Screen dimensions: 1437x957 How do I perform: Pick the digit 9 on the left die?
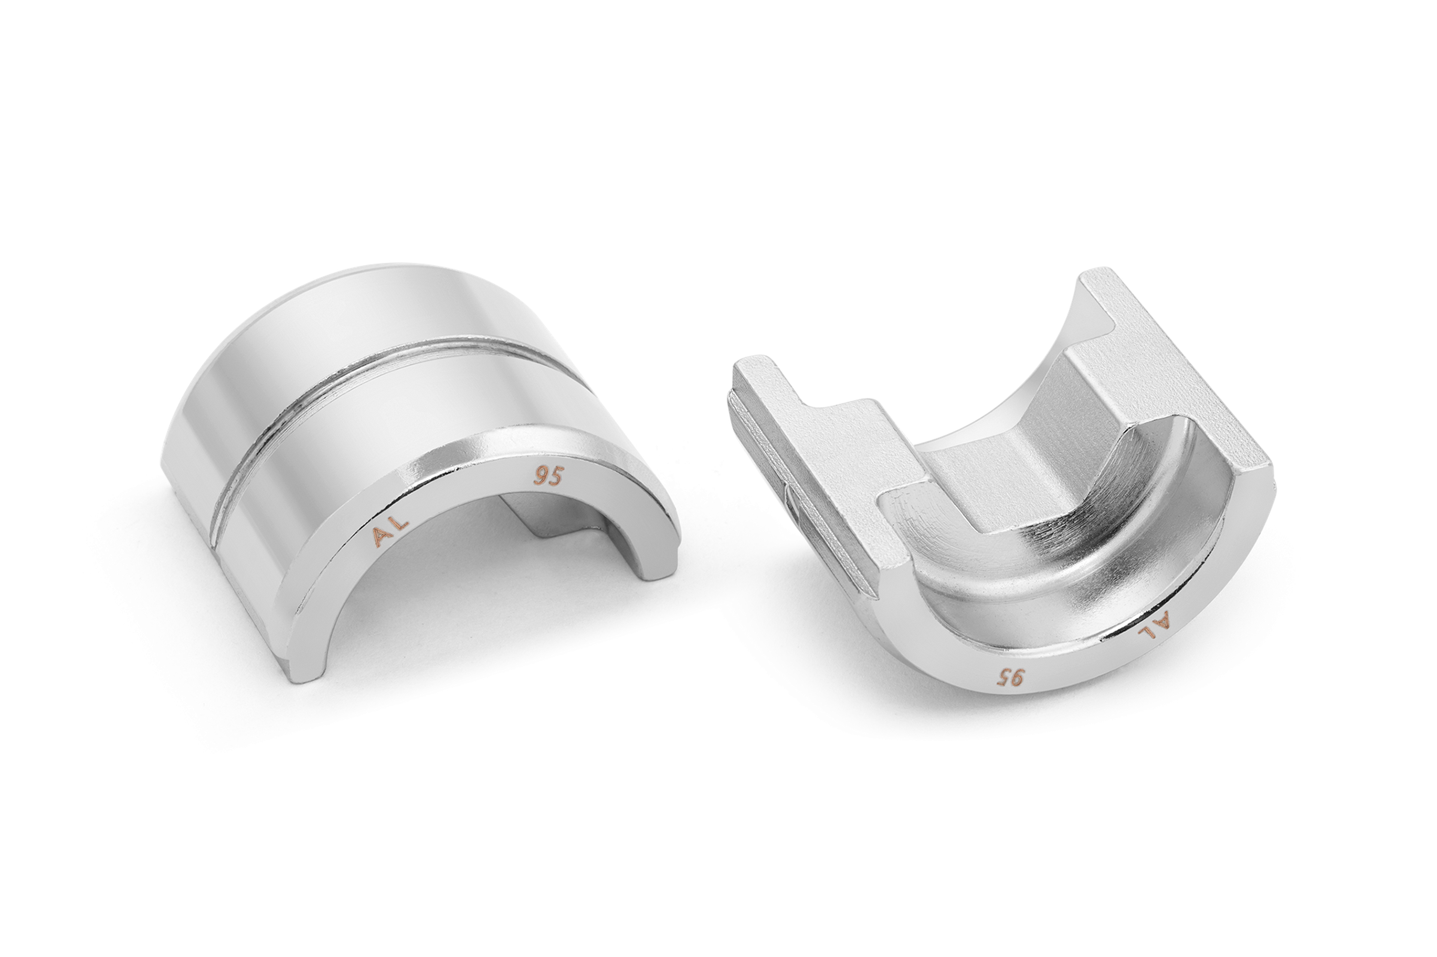pos(540,477)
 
